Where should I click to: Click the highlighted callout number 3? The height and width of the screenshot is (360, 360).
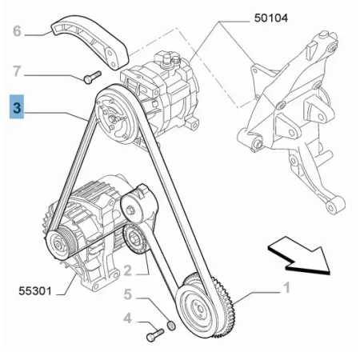[x=17, y=107]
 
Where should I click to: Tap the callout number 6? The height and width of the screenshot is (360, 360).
[x=17, y=31]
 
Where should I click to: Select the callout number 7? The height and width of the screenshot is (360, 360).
[x=17, y=71]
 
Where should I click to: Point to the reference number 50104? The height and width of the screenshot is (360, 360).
[x=271, y=18]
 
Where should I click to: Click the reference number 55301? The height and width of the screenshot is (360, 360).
[x=35, y=290]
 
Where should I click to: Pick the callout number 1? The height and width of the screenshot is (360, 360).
[x=286, y=288]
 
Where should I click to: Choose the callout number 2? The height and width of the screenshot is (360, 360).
[x=128, y=270]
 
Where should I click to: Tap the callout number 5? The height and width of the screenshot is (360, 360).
[x=128, y=294]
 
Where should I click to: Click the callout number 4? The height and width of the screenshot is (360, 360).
[x=127, y=318]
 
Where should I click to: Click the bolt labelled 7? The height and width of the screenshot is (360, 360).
[x=93, y=77]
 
